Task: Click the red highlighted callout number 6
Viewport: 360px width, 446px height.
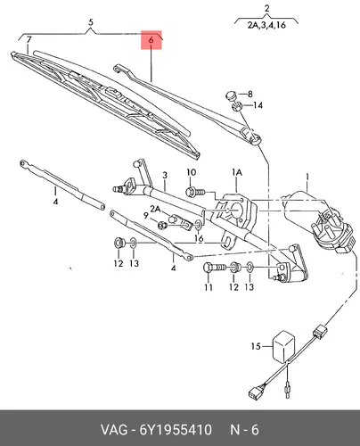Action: (x=151, y=40)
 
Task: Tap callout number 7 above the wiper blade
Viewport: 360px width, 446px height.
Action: (x=29, y=39)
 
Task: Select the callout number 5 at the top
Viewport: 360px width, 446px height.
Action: (x=91, y=22)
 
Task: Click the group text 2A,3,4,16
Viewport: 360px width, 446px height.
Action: (x=266, y=25)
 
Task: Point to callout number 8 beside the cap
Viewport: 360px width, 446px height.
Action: (x=250, y=95)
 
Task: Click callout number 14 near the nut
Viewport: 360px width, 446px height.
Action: (x=258, y=105)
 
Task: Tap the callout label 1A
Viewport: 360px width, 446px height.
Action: (x=237, y=172)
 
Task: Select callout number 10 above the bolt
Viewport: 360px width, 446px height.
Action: (x=192, y=172)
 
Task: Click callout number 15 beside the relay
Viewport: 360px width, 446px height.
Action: (x=256, y=346)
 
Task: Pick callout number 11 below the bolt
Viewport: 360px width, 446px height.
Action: (x=209, y=287)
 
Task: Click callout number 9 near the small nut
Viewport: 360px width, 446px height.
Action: (x=145, y=216)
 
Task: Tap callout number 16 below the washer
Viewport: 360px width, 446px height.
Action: (x=199, y=238)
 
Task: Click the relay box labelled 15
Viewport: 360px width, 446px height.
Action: (x=283, y=346)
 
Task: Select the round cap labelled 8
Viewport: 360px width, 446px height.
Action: (x=231, y=96)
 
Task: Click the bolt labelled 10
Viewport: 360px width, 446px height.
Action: (x=194, y=192)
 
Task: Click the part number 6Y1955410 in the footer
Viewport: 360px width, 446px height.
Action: (x=176, y=430)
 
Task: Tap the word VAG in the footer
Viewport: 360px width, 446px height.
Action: (x=114, y=430)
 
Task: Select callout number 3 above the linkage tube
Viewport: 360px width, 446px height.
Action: (x=165, y=176)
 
